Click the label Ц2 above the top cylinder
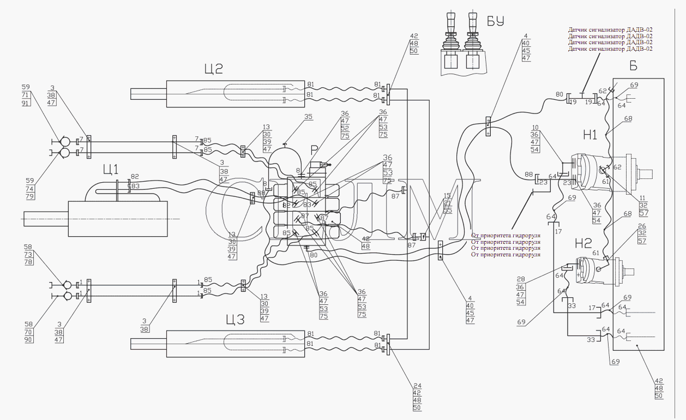tap(214, 69)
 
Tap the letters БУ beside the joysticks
tap(495, 22)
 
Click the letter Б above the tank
tap(633, 66)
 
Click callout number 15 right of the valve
tap(448, 196)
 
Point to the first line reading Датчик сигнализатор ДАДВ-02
tap(610, 29)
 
